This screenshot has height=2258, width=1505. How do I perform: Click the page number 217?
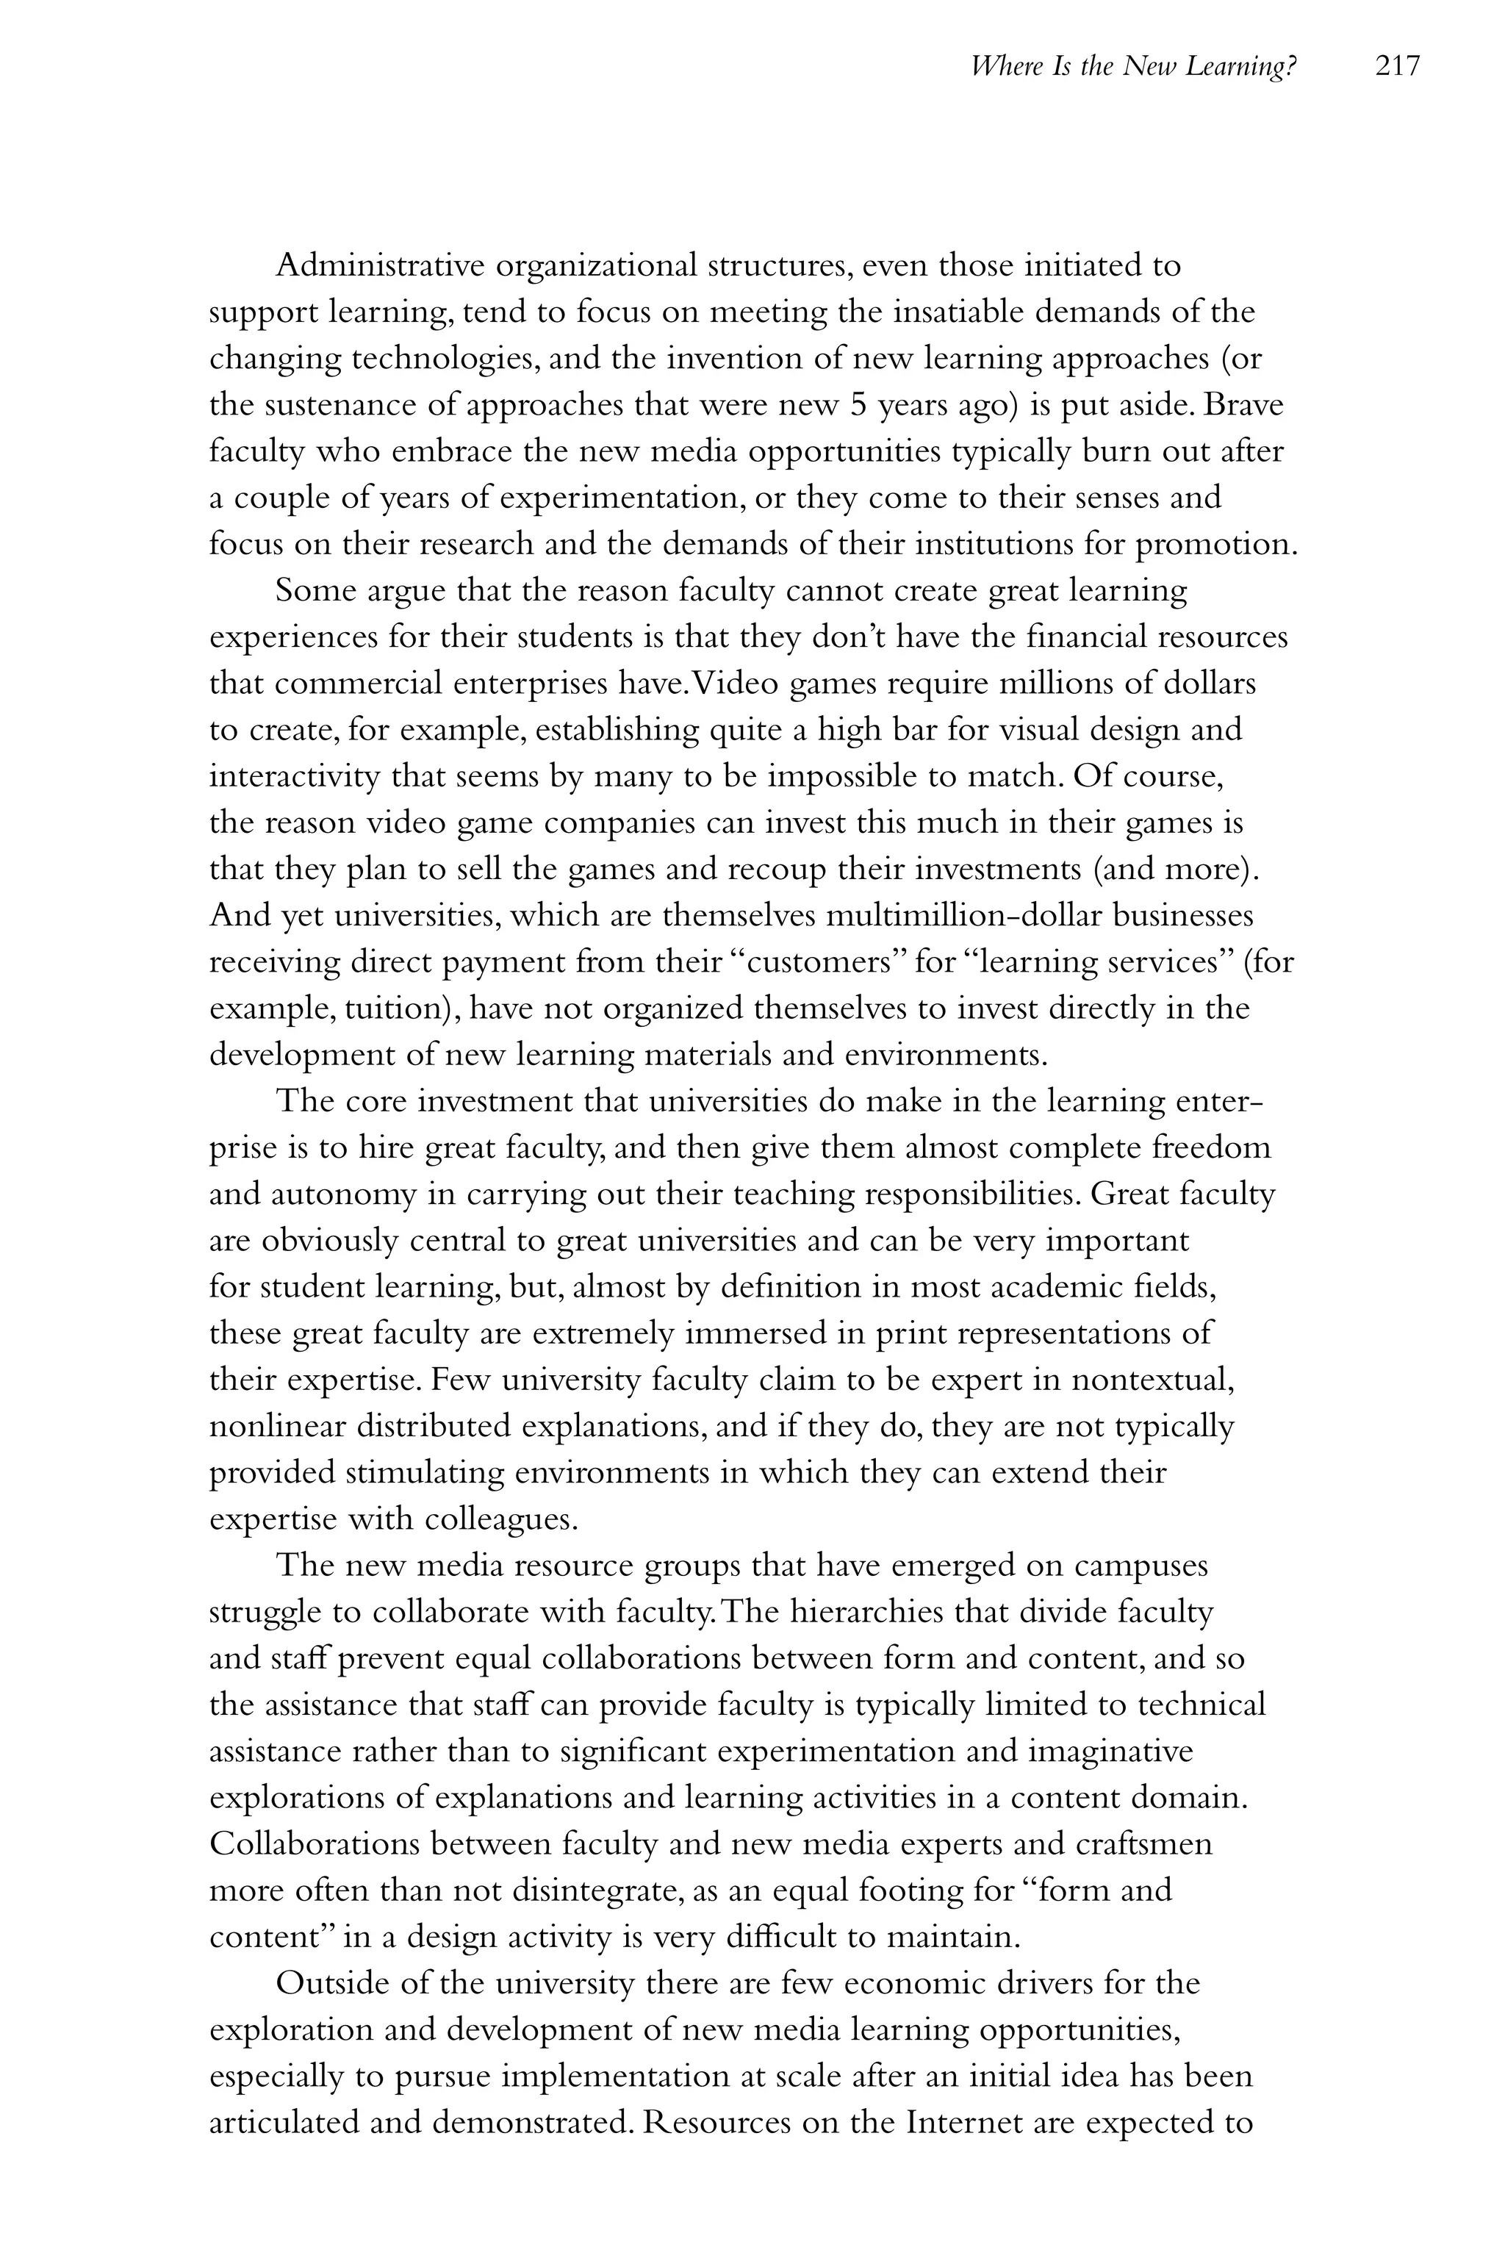[1396, 66]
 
